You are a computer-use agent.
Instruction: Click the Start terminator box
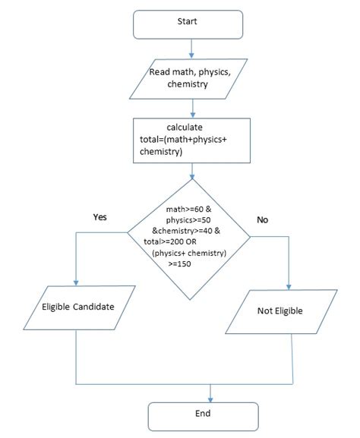pos(188,24)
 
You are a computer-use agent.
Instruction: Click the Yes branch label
pos(99,216)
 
